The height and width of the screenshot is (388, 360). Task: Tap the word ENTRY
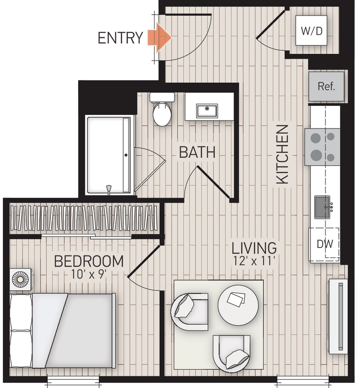coord(120,38)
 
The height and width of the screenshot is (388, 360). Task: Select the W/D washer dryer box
coord(311,31)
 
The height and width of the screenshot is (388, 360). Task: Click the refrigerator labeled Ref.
coord(326,86)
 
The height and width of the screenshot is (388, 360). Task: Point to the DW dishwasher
coord(325,244)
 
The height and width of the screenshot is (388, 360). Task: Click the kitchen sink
coord(323,207)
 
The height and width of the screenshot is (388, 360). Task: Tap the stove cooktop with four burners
coord(322,147)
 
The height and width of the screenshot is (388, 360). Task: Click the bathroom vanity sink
coord(207,110)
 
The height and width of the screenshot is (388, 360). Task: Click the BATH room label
coord(197,152)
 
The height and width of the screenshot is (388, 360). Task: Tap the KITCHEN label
coord(282,154)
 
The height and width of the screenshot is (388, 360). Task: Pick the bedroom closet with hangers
coord(84,218)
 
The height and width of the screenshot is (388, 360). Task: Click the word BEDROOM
coord(89,261)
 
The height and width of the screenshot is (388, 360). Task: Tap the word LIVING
coord(254,248)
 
